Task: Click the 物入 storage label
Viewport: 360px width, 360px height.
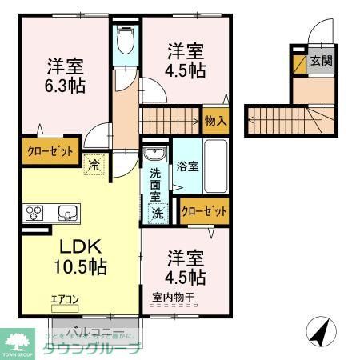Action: click(x=215, y=122)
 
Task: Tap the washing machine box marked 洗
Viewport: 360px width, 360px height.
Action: click(x=158, y=214)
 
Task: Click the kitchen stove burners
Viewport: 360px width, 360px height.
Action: click(x=36, y=213)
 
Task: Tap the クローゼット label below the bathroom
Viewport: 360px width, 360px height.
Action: click(x=204, y=211)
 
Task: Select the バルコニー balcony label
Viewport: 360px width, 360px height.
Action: click(x=94, y=330)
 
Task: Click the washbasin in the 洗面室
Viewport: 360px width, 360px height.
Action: click(x=154, y=154)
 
